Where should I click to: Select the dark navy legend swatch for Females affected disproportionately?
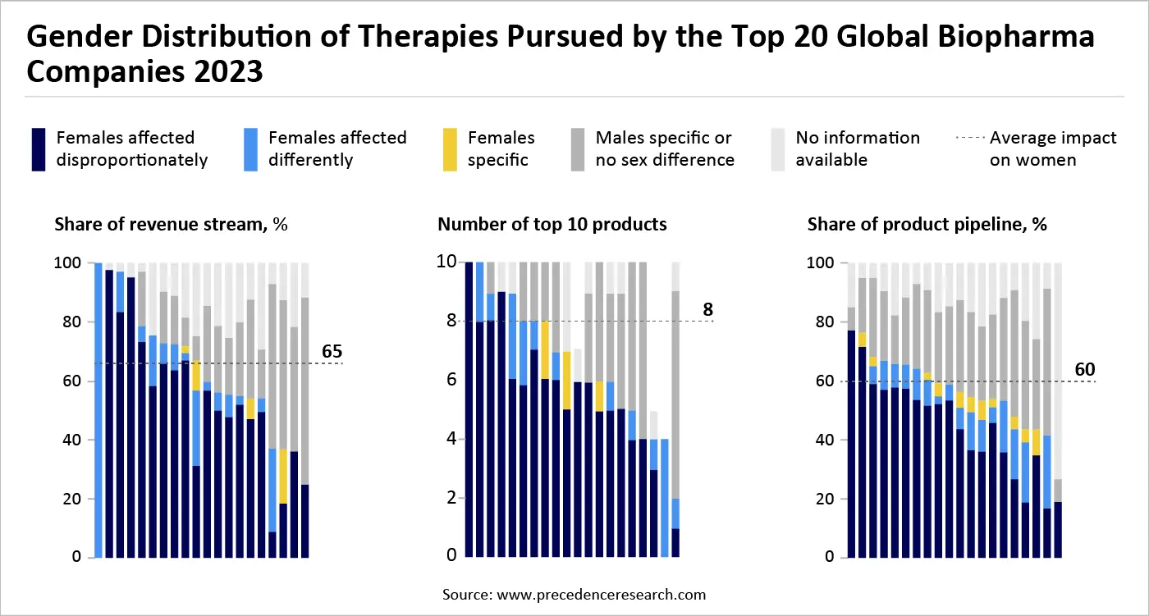click(38, 148)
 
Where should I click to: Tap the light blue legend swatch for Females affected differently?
click(251, 148)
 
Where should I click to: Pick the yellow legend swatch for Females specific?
click(450, 148)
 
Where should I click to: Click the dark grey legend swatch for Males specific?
click(578, 148)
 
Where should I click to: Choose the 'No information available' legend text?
click(858, 148)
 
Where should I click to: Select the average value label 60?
click(1085, 369)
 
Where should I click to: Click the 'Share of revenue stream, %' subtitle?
click(171, 225)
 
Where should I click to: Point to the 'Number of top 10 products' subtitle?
click(552, 225)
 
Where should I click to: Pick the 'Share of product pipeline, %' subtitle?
click(927, 225)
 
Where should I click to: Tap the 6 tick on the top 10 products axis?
click(450, 381)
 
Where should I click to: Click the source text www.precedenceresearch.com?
click(574, 594)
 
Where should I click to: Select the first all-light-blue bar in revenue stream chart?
click(98, 410)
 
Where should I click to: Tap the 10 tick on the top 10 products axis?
click(446, 263)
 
